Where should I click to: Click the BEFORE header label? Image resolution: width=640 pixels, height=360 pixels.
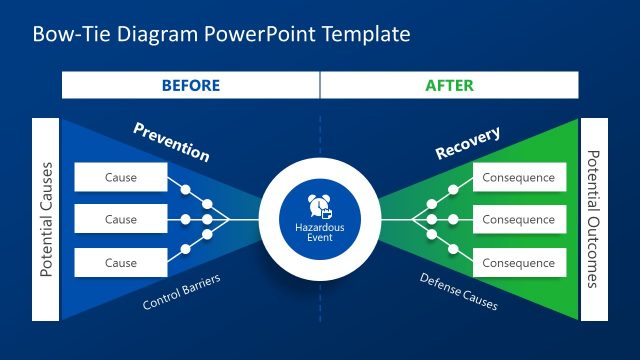click(190, 85)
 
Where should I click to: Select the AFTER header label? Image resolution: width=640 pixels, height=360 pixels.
click(450, 85)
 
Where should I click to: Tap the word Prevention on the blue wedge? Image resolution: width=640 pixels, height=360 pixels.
click(171, 142)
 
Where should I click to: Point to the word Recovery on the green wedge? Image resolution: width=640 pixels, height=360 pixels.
click(468, 142)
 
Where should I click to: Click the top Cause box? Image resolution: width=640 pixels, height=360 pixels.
click(121, 178)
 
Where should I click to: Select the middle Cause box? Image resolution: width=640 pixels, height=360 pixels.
click(121, 220)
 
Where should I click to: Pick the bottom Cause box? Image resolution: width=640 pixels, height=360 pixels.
click(121, 263)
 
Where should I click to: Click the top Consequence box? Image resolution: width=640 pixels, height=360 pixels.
click(518, 178)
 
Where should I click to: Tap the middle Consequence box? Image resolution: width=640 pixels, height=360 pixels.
click(518, 220)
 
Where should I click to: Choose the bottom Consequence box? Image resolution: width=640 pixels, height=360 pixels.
click(518, 263)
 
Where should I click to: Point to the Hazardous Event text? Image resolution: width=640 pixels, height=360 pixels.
click(319, 233)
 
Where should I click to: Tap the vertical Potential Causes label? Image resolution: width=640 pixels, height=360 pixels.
click(46, 220)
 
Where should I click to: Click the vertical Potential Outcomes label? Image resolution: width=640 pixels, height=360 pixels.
click(593, 220)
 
